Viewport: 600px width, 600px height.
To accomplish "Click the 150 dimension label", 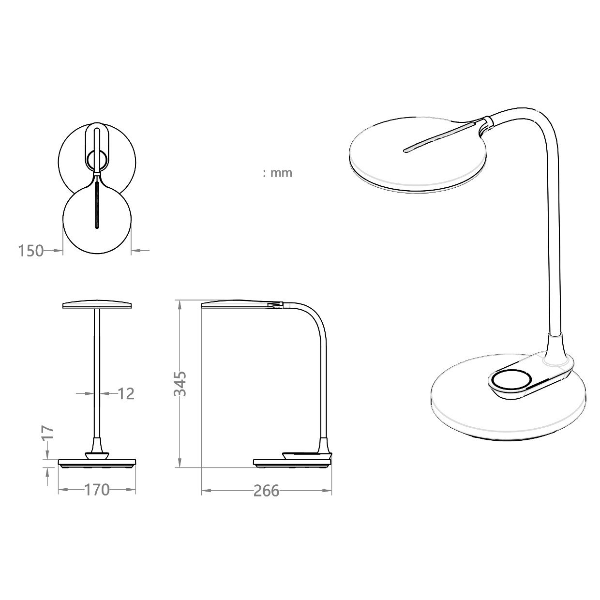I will [x=31, y=251].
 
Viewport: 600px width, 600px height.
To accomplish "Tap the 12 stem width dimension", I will [x=126, y=394].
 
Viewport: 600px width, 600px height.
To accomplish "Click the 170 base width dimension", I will [x=97, y=490].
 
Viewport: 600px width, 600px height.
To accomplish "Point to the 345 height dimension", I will [x=180, y=384].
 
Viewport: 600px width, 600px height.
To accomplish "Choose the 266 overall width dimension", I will [x=266, y=491].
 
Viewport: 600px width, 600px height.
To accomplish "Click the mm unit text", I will [x=281, y=173].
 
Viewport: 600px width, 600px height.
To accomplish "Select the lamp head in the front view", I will [x=97, y=305].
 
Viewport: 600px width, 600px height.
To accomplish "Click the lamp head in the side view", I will [x=235, y=305].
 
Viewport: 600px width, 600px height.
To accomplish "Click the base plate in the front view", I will [x=97, y=463].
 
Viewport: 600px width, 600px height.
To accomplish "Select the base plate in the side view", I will [x=292, y=463].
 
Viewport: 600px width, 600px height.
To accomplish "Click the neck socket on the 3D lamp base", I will [x=555, y=346].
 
